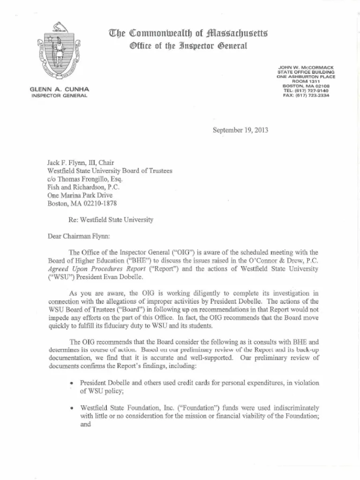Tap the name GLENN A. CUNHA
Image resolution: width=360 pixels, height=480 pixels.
(59, 89)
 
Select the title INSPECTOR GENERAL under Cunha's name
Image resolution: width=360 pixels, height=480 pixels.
(59, 95)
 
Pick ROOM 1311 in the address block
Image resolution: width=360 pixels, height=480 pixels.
(306, 82)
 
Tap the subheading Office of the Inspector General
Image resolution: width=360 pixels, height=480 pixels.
(188, 46)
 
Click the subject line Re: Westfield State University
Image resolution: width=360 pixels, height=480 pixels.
(111, 219)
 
